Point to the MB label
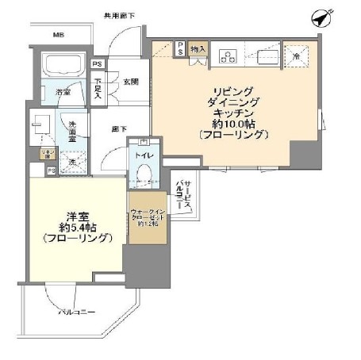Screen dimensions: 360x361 58,36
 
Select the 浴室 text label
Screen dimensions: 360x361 63,92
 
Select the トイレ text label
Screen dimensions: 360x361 144,157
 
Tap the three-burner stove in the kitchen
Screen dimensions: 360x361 230,56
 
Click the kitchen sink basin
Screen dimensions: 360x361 266,56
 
